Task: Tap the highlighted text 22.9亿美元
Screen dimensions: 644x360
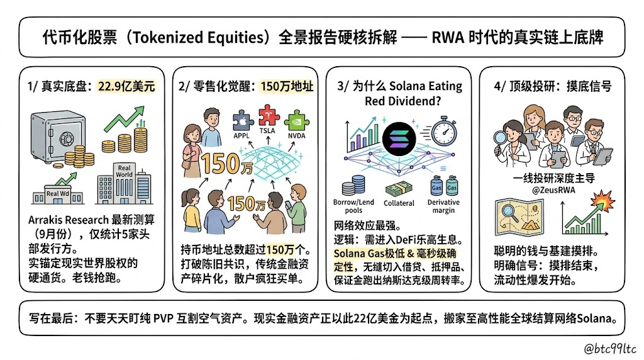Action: click(126, 86)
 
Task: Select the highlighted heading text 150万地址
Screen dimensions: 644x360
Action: click(287, 86)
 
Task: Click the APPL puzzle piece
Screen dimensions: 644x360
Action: click(243, 121)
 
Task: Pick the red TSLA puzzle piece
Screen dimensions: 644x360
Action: click(269, 115)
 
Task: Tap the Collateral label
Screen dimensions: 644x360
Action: click(399, 203)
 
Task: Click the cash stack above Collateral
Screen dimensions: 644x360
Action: click(399, 189)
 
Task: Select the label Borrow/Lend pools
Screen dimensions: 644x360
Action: click(353, 206)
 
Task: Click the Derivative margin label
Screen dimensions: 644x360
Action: click(443, 206)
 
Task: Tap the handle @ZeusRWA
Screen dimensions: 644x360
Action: click(553, 190)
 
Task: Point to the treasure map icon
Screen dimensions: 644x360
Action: click(519, 217)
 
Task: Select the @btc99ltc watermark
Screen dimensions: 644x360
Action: click(610, 349)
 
